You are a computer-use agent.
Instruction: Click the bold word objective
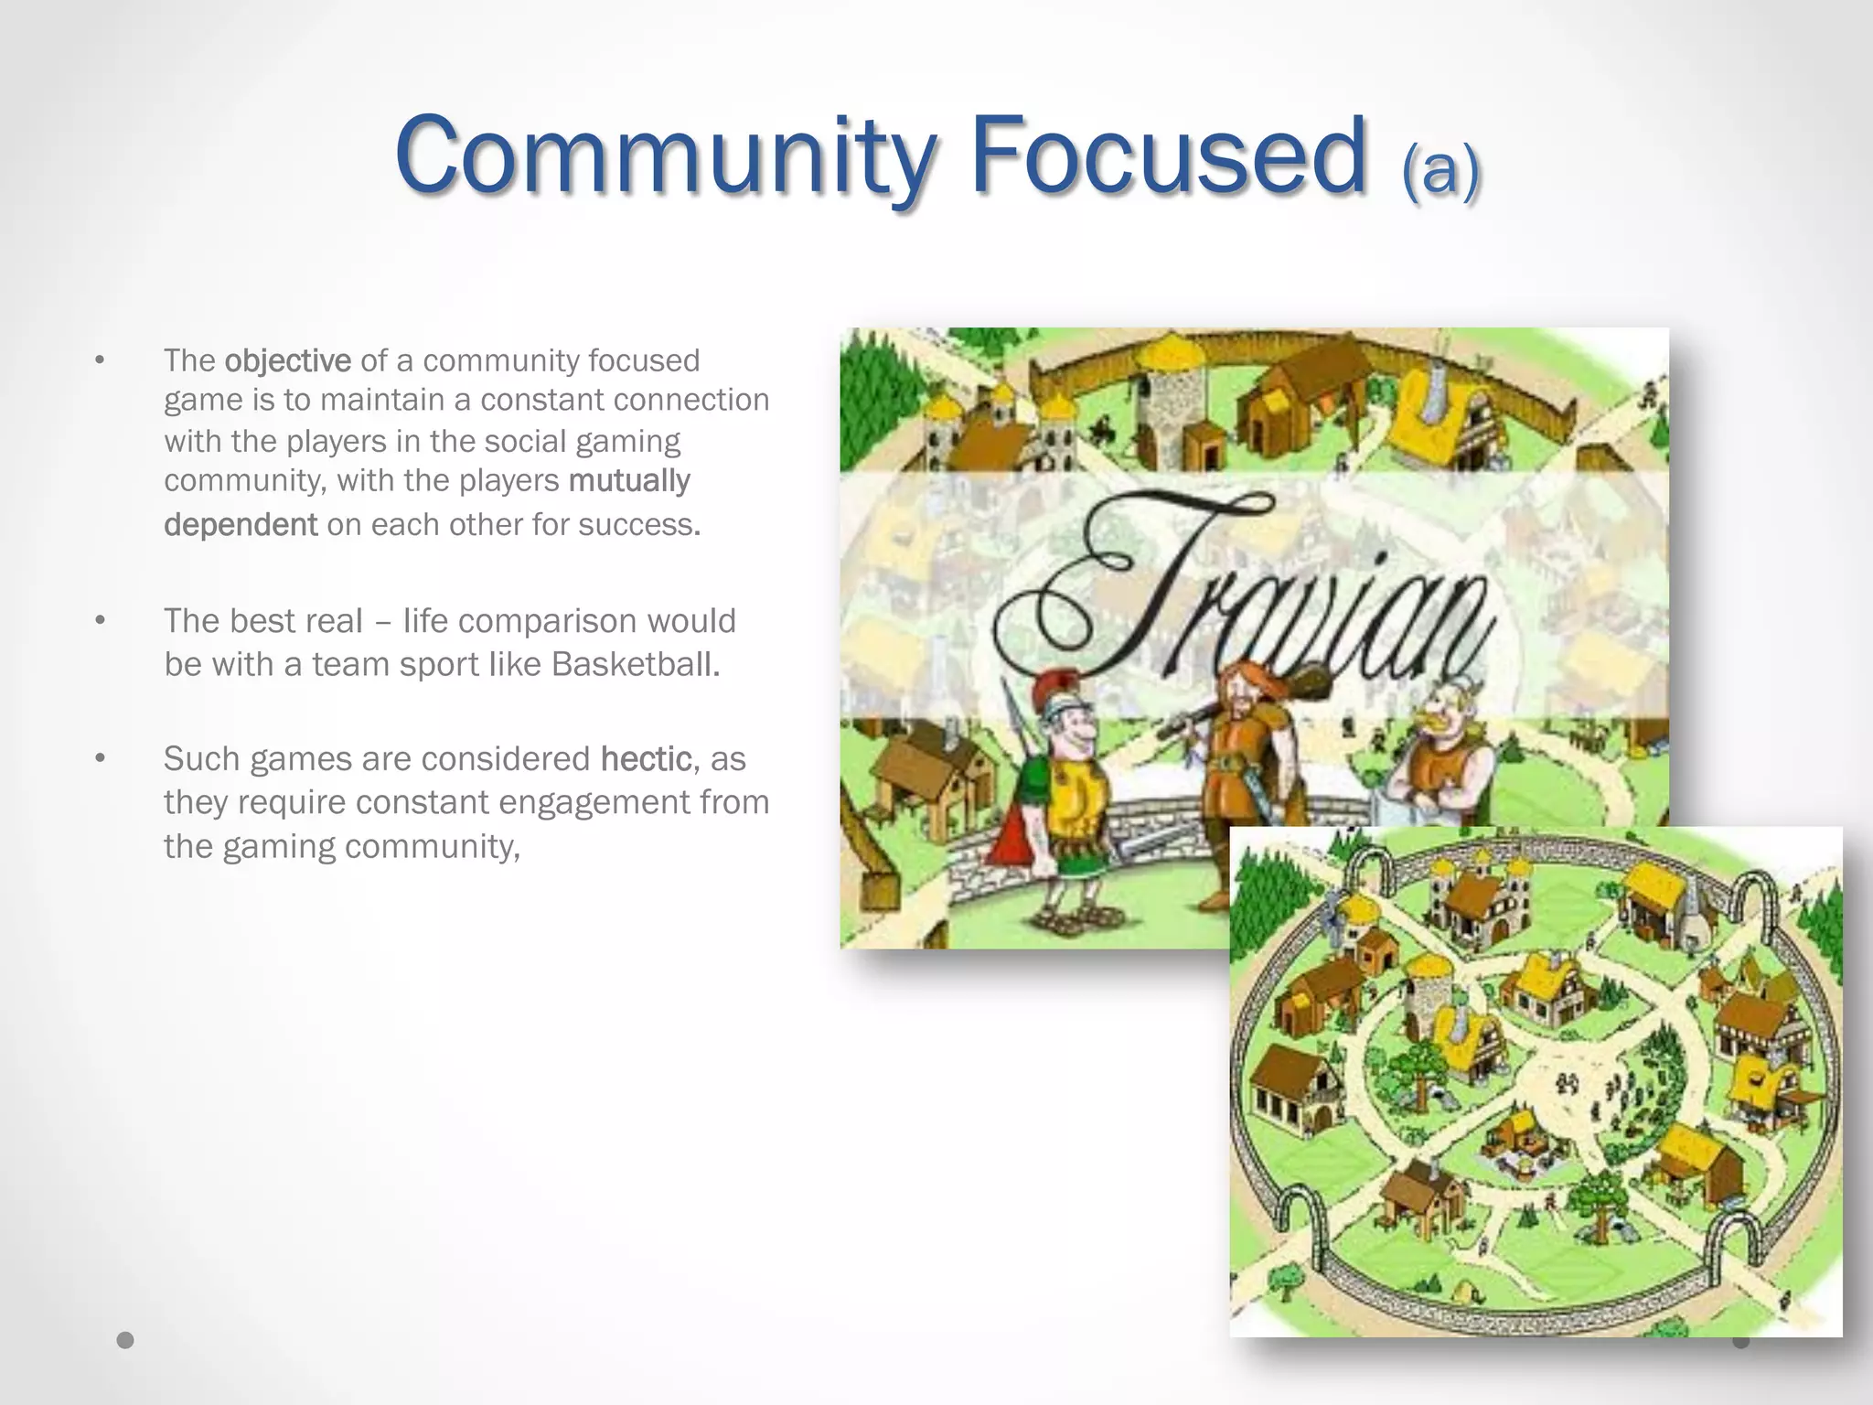[x=287, y=360]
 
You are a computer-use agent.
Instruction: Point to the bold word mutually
[x=629, y=480]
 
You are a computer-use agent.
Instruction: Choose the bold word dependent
[x=241, y=524]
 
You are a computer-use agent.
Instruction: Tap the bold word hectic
[x=646, y=758]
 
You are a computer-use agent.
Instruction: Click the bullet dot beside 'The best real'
[x=101, y=621]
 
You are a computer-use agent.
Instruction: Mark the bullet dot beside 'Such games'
[x=101, y=758]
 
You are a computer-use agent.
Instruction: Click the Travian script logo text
[x=1244, y=595]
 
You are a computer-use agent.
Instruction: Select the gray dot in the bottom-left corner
[x=125, y=1340]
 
